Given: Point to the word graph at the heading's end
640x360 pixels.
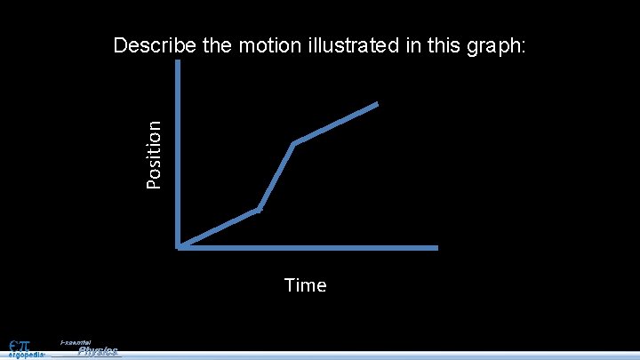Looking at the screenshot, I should tap(498, 47).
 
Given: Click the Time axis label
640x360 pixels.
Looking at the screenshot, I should tap(305, 285).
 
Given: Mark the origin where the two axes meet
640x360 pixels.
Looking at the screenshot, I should tap(180, 246).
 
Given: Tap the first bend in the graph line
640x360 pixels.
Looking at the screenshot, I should tap(259, 210).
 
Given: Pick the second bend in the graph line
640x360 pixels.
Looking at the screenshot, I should tap(293, 143).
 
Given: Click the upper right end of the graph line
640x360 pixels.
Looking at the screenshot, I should tap(377, 104).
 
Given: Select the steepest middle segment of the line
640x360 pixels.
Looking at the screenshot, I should tap(276, 176).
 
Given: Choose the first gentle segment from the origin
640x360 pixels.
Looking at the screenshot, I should tap(220, 228).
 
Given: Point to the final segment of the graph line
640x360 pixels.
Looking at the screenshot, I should tap(336, 124).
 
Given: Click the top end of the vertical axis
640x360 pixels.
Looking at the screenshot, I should tap(179, 64).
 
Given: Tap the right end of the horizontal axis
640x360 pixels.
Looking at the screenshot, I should tap(436, 247).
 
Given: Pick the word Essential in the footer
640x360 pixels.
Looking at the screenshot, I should tap(75, 342).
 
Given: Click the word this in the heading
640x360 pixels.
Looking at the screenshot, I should tap(445, 46).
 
